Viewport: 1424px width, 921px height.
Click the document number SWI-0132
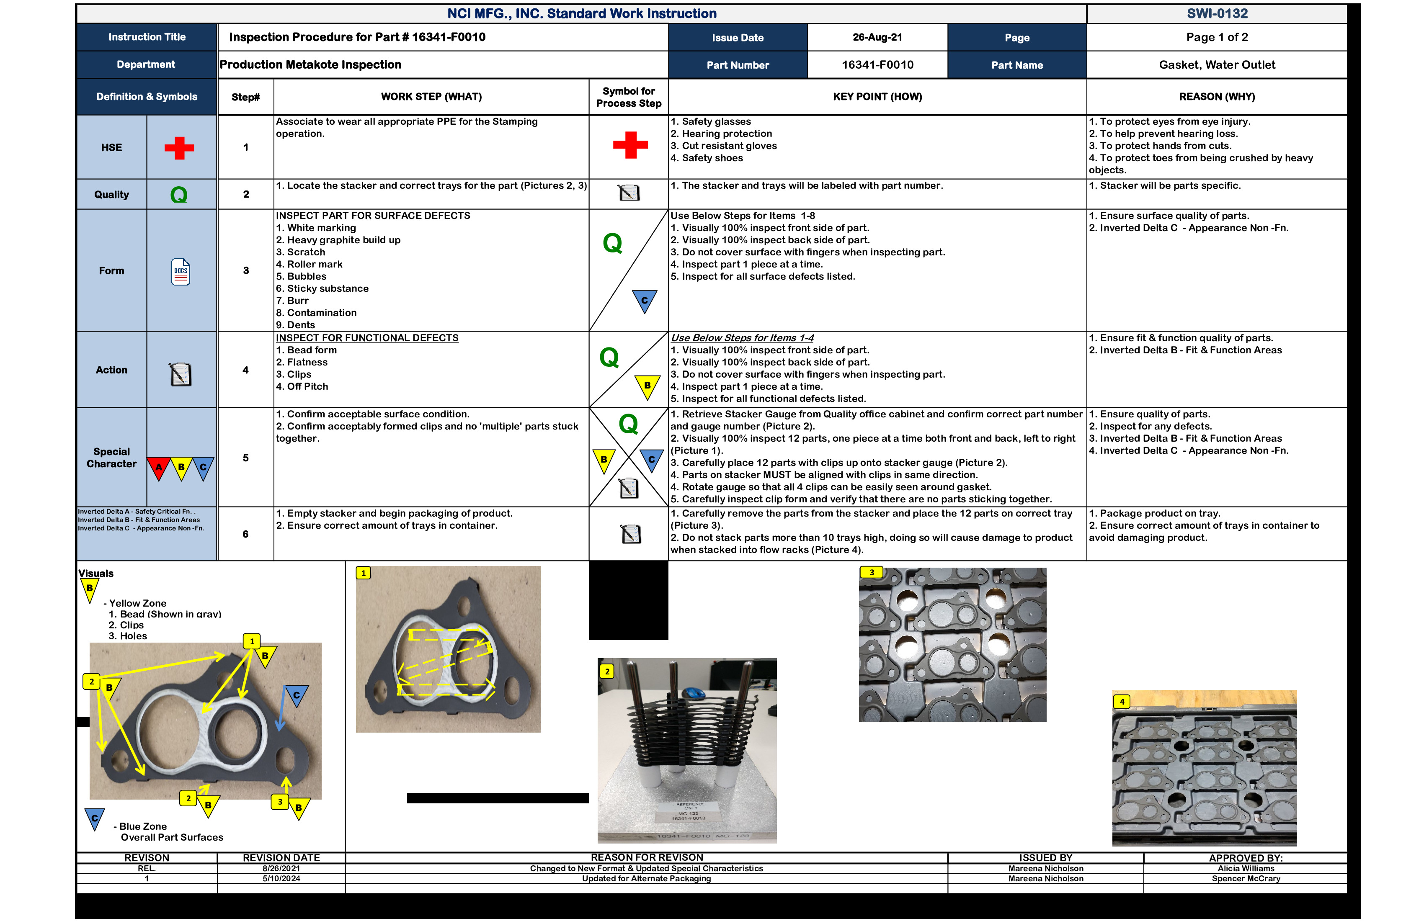1217,13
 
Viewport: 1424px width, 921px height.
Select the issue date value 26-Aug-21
877,37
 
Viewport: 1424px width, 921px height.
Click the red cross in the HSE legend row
179,148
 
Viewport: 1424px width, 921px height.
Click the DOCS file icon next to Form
181,272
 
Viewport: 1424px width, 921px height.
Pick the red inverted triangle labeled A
159,468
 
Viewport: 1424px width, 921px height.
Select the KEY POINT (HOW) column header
877,97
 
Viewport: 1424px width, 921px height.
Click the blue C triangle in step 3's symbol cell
645,301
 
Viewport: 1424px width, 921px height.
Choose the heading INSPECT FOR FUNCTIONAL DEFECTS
367,338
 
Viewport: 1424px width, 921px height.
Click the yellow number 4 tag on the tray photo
1122,702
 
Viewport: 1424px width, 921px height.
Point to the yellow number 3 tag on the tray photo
872,572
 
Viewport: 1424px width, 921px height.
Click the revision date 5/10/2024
281,879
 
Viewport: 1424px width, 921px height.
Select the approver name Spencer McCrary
1246,879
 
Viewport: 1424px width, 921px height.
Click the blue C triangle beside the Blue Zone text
95,818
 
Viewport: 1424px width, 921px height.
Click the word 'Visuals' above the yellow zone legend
96,574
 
